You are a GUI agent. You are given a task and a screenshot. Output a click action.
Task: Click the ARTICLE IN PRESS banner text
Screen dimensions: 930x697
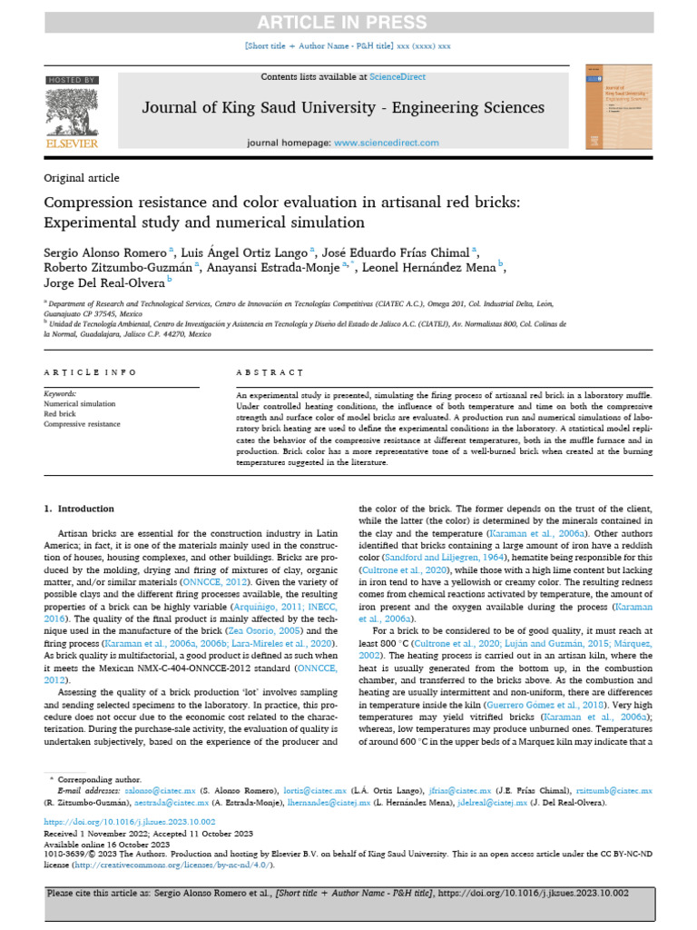(x=348, y=23)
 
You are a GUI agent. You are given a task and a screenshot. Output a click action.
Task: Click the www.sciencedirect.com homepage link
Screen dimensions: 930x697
(x=386, y=143)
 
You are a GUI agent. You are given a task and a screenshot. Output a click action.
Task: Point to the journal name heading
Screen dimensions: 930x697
(x=343, y=108)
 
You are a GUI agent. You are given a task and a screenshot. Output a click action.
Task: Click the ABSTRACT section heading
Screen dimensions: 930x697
(x=270, y=372)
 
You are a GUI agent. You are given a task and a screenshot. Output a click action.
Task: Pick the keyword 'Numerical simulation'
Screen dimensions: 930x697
(x=80, y=403)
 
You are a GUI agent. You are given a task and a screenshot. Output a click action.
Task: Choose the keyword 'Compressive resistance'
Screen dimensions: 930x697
(x=83, y=422)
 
